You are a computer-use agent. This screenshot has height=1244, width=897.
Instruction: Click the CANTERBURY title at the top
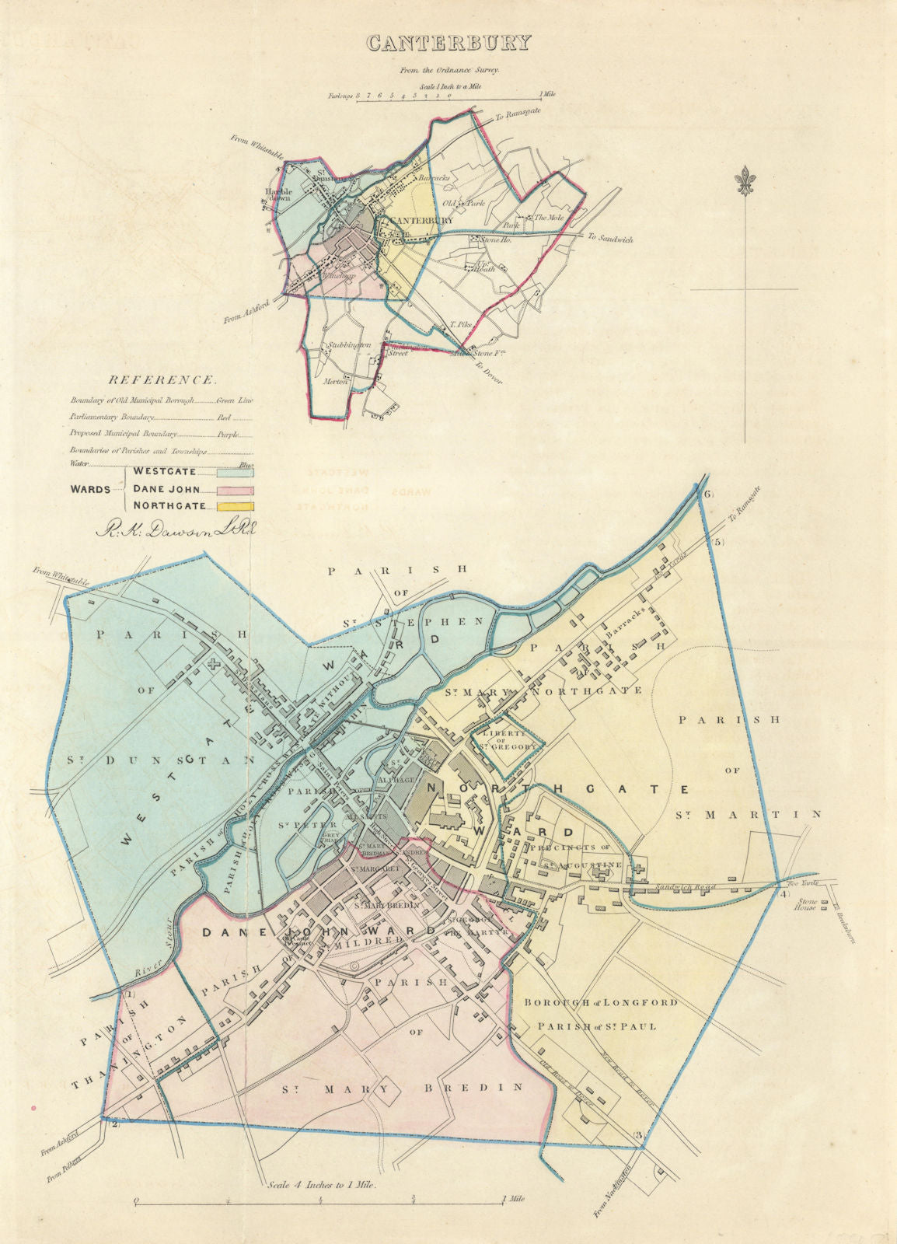[x=448, y=42]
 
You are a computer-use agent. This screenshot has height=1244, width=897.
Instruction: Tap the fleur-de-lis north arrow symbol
[x=745, y=181]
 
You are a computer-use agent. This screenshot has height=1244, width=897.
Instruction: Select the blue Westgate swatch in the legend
[x=236, y=471]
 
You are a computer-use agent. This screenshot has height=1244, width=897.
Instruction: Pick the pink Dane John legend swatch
[x=236, y=490]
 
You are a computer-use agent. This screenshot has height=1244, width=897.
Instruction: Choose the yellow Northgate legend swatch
[x=236, y=506]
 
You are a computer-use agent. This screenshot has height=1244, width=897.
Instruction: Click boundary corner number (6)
[x=707, y=495]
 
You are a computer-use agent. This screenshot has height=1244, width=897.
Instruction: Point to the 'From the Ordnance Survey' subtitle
[x=449, y=69]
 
